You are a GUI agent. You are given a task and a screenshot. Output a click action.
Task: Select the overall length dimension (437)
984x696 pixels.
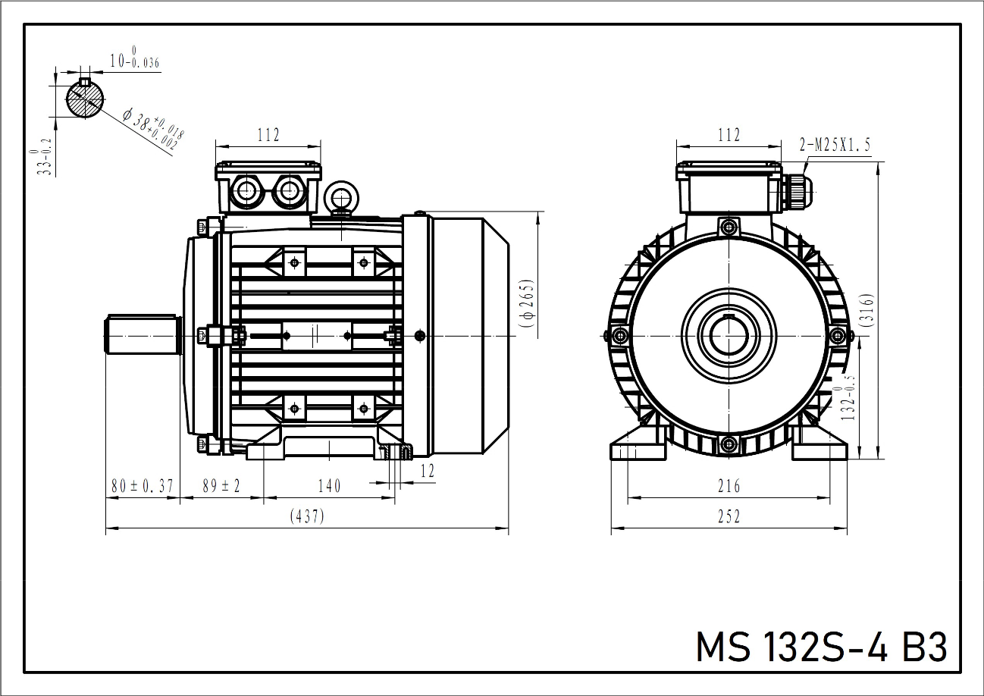pyautogui.click(x=307, y=517)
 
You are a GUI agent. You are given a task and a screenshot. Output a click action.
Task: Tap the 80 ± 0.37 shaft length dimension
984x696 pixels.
pyautogui.click(x=143, y=486)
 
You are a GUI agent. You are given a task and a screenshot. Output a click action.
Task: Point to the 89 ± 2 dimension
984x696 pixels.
pyautogui.click(x=221, y=486)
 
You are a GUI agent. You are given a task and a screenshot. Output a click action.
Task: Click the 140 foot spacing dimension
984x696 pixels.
pyautogui.click(x=329, y=486)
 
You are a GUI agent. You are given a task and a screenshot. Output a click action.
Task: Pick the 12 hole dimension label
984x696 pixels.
pyautogui.click(x=428, y=471)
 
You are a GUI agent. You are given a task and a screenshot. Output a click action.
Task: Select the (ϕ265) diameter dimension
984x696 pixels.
pyautogui.click(x=528, y=303)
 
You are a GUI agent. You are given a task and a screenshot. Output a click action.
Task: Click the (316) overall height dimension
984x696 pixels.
pyautogui.click(x=869, y=309)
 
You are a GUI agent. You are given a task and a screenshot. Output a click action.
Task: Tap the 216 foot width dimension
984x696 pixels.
pyautogui.click(x=729, y=486)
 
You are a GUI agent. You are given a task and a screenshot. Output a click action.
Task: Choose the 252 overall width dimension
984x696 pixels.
pyautogui.click(x=729, y=517)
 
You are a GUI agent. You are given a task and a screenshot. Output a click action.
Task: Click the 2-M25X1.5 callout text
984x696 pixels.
pyautogui.click(x=835, y=144)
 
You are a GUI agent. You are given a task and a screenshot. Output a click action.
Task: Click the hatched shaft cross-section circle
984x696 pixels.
pyautogui.click(x=85, y=99)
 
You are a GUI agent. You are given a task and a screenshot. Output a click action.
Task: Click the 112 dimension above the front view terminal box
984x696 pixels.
pyautogui.click(x=729, y=135)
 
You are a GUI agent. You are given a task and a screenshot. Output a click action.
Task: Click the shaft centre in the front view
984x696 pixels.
pyautogui.click(x=729, y=334)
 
